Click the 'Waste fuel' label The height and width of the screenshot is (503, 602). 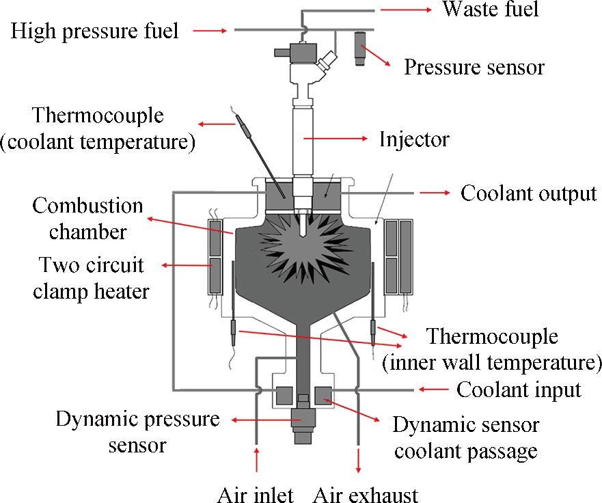pos(491,10)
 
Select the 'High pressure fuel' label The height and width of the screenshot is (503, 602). pos(95,31)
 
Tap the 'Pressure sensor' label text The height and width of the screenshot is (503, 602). pos(474,67)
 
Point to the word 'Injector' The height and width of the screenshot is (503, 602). pos(415,139)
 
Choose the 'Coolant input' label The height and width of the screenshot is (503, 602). pos(519,390)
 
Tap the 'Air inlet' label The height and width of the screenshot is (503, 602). pos(255,493)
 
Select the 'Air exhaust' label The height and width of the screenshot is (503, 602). pos(366,493)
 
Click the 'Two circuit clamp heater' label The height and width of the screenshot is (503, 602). pos(94,277)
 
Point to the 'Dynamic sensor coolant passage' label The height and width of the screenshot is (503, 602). pos(465,438)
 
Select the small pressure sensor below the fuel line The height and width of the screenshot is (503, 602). pos(359,47)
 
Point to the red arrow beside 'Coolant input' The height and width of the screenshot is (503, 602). pos(432,390)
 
